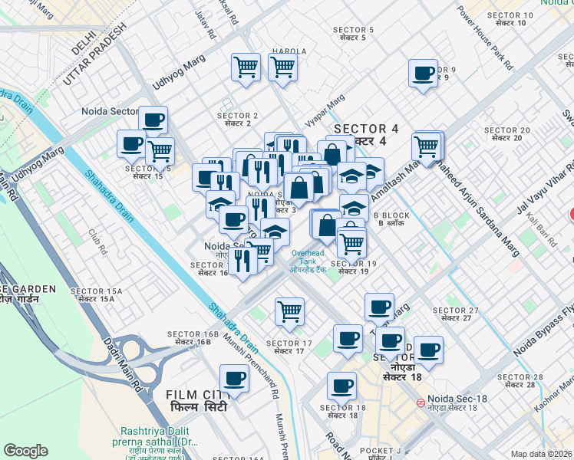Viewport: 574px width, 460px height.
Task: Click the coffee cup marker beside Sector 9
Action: [423, 74]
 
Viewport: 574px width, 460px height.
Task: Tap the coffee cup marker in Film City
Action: [234, 379]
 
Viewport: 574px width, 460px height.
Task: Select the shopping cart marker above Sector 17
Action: [289, 311]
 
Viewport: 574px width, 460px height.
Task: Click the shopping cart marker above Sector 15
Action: [160, 151]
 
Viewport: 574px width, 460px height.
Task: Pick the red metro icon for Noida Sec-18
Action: [421, 402]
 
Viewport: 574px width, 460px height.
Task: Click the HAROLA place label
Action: [288, 51]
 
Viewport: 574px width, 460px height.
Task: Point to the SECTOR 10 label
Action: [510, 15]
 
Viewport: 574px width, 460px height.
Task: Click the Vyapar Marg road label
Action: [325, 109]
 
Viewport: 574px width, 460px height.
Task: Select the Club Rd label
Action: [96, 242]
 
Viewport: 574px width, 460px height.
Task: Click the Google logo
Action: [25, 451]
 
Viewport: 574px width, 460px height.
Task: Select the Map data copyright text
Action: [542, 454]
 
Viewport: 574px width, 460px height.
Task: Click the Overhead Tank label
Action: [308, 257]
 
